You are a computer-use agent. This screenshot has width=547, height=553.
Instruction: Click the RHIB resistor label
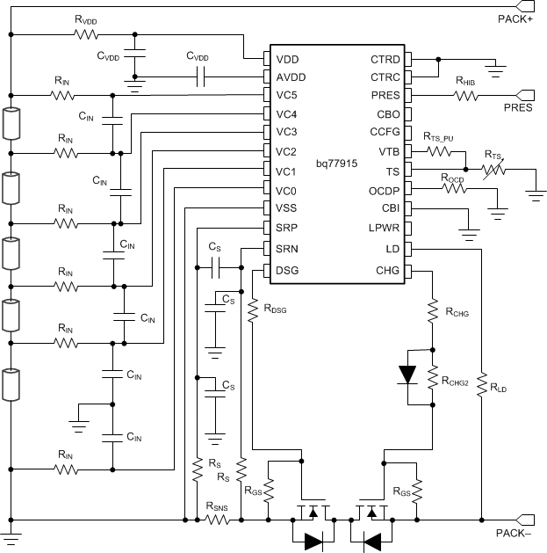(x=467, y=82)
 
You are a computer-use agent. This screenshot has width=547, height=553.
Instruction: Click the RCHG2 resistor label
(x=462, y=381)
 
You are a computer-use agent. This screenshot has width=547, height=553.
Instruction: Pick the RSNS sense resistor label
(x=217, y=506)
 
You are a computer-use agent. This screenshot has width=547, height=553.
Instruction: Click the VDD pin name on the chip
(x=287, y=59)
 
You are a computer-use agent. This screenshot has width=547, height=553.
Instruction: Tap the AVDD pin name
(x=291, y=77)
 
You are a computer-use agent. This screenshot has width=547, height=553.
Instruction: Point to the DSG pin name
(x=287, y=269)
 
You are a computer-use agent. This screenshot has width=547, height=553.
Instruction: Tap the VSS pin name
(x=287, y=208)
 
